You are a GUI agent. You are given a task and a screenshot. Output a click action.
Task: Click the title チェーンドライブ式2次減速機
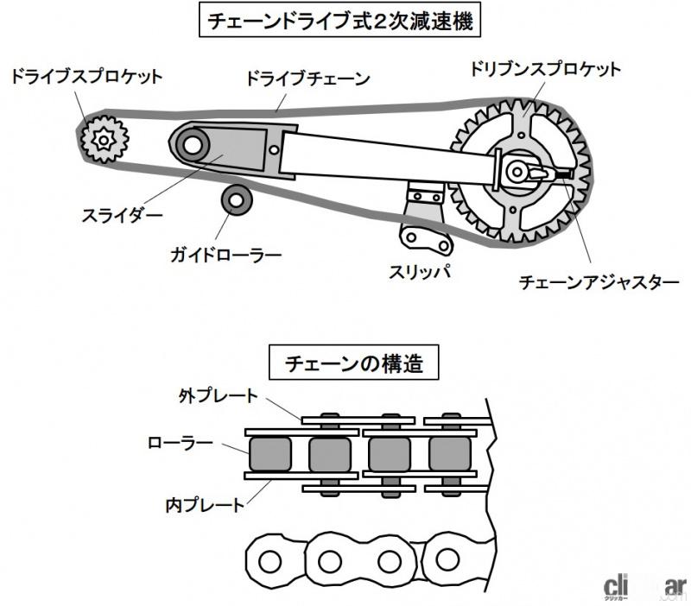339,21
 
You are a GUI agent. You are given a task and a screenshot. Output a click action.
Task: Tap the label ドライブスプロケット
87,77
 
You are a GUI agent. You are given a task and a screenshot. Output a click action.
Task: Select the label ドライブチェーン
307,79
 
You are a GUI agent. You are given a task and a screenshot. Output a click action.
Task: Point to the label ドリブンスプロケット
545,70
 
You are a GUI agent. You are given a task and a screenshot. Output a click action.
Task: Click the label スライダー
122,216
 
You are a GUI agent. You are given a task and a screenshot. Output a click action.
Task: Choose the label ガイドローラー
226,256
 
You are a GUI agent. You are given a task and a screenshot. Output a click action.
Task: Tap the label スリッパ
420,272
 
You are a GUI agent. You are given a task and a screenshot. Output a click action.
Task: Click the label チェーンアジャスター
599,282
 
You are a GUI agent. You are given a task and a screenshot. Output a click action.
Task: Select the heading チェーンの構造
354,363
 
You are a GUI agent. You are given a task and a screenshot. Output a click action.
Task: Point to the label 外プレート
219,396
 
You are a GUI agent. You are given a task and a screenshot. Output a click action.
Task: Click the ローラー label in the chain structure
181,443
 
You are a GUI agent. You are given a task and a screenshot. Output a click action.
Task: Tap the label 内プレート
205,505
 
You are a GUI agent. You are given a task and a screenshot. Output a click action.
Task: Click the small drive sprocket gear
105,140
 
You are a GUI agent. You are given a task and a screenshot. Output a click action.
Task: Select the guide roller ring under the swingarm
236,201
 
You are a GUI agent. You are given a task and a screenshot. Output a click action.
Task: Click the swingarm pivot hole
193,145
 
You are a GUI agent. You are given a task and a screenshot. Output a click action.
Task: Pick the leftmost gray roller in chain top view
270,454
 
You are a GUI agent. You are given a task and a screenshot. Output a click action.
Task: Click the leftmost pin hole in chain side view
270,561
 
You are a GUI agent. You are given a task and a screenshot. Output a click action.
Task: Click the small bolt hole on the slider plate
274,149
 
